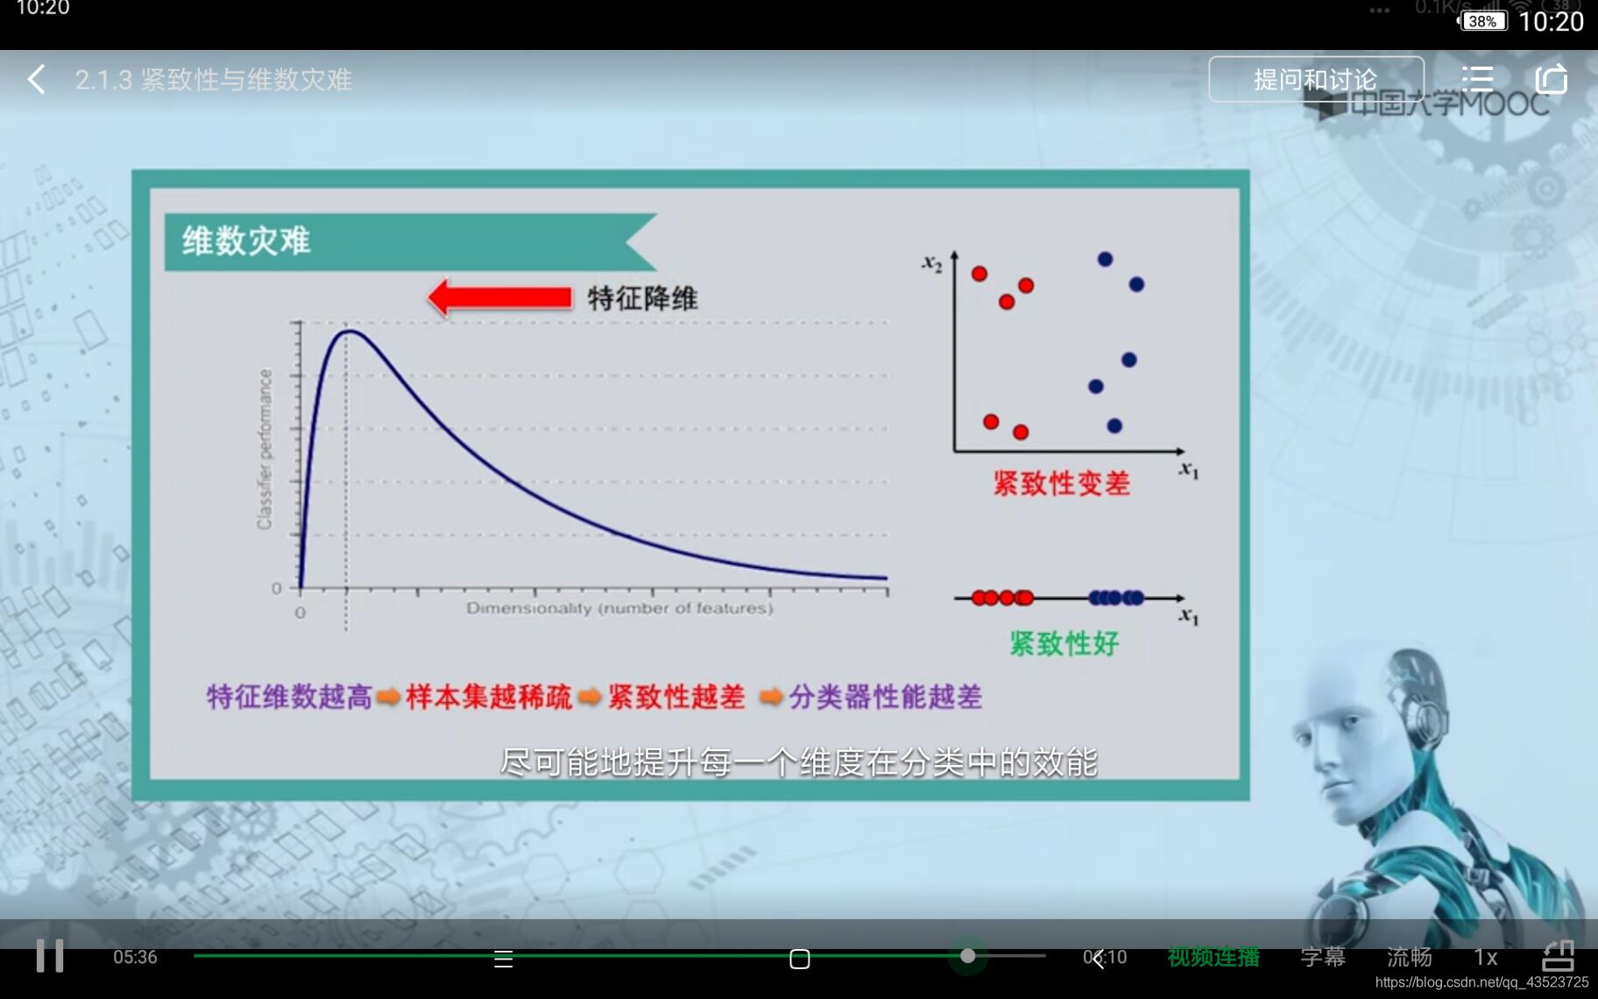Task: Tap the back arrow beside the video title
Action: [x=36, y=80]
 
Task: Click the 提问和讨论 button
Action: [x=1315, y=80]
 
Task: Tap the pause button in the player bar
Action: [x=50, y=955]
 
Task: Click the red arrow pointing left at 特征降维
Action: [x=499, y=298]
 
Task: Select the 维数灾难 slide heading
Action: [x=246, y=241]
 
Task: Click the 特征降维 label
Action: [x=643, y=299]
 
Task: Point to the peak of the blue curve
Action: [x=347, y=330]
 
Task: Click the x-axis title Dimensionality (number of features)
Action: [x=619, y=608]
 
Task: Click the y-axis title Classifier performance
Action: [x=265, y=449]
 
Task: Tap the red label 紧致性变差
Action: [x=1061, y=484]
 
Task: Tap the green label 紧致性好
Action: [x=1064, y=644]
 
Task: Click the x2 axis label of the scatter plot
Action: [x=931, y=262]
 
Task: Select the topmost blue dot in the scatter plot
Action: [x=1105, y=259]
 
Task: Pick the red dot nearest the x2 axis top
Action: [x=979, y=273]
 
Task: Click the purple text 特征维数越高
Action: [x=289, y=698]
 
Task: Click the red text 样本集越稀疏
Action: [x=488, y=698]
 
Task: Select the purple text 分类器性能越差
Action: [x=885, y=698]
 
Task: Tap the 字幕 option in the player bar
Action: [x=1322, y=957]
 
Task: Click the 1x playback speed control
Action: [x=1485, y=957]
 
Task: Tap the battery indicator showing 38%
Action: [x=1481, y=21]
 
